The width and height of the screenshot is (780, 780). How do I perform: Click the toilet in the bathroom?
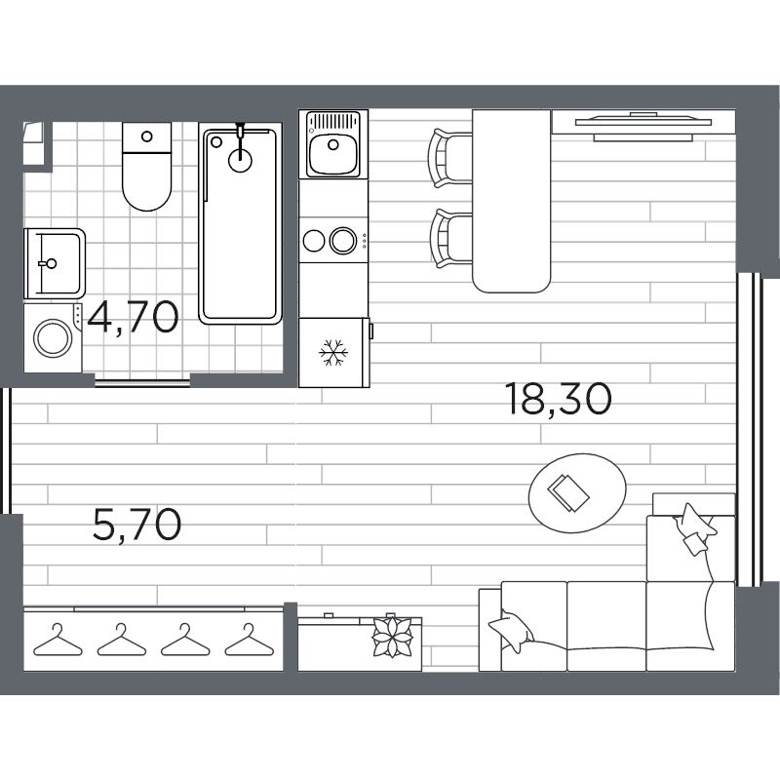coord(146,171)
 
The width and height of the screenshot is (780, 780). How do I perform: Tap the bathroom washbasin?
coord(53,260)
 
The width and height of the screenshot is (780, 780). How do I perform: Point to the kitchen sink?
coord(332,144)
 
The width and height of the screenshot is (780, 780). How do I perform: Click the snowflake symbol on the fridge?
coord(334,352)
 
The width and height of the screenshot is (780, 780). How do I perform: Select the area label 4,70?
coord(133,317)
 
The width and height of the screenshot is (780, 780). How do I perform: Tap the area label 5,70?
coord(136,526)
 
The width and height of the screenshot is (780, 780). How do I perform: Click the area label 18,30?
coord(559,398)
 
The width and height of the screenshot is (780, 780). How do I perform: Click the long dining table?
coord(512,200)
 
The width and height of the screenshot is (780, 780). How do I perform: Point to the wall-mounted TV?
coord(643,123)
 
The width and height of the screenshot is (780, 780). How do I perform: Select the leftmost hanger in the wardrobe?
coord(56,641)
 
